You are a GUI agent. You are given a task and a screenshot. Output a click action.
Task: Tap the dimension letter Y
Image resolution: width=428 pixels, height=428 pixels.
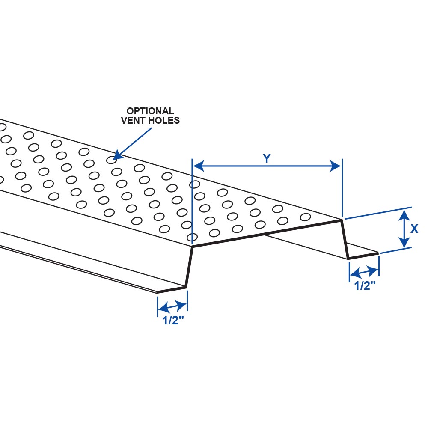pyautogui.click(x=267, y=159)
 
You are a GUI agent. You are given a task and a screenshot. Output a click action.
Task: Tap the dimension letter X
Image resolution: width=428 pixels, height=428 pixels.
pyautogui.click(x=414, y=229)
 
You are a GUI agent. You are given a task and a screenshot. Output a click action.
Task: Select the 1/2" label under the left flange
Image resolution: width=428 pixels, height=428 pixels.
pyautogui.click(x=173, y=321)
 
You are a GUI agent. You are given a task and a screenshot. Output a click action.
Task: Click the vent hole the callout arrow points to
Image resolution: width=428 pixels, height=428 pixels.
pyautogui.click(x=111, y=160)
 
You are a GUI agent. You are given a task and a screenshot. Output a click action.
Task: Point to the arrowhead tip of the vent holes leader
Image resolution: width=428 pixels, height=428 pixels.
pyautogui.click(x=114, y=157)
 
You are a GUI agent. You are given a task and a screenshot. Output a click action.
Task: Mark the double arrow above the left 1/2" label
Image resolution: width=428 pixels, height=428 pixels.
pyautogui.click(x=172, y=306)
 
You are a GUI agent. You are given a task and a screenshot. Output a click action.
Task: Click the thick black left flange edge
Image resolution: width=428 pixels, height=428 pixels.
pyautogui.click(x=172, y=290)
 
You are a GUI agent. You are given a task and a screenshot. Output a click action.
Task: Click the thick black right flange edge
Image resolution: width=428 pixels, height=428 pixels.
pyautogui.click(x=363, y=256)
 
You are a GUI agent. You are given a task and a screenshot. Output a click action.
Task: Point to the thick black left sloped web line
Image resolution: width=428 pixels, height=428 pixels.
pyautogui.click(x=189, y=267)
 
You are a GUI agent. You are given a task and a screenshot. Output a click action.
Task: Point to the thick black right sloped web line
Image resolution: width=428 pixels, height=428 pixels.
pyautogui.click(x=345, y=239)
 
